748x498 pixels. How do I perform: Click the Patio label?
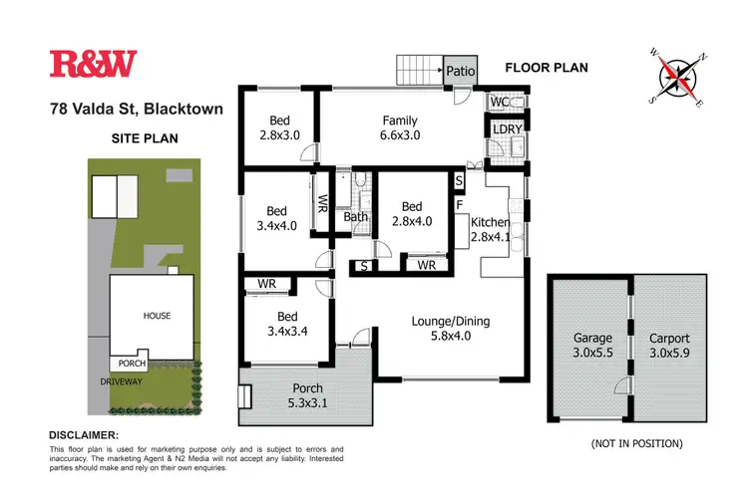tap(459, 71)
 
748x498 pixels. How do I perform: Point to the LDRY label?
tap(500, 129)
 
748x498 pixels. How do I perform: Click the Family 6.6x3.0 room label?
tap(399, 128)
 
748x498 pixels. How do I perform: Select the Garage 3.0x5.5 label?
tap(592, 346)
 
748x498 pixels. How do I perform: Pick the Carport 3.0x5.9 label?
tap(668, 346)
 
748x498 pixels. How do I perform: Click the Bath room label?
tap(355, 217)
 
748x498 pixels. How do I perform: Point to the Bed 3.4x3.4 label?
tap(282, 325)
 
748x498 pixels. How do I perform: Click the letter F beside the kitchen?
tap(459, 205)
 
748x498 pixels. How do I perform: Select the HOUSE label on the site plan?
tap(156, 316)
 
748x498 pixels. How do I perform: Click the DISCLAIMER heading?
tap(84, 436)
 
